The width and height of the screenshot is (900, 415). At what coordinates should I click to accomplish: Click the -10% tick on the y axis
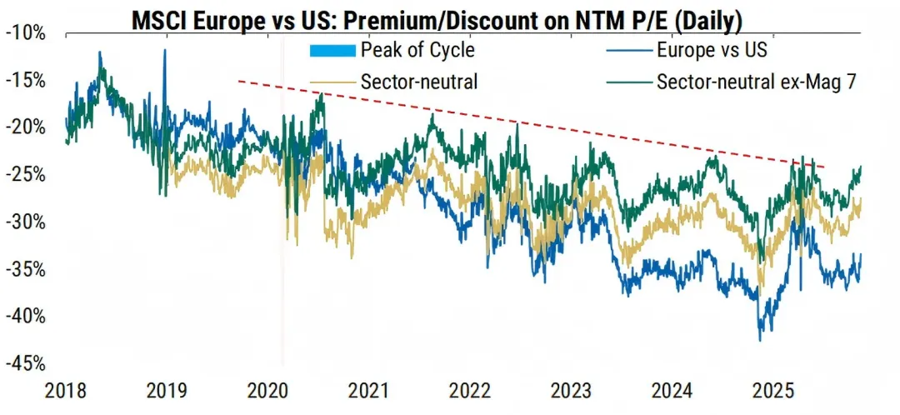click(27, 33)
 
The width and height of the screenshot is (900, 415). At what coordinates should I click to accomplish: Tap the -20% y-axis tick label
click(27, 128)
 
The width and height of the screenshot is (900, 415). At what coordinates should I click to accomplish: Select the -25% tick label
click(27, 176)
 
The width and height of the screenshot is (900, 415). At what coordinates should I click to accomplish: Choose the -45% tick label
click(27, 365)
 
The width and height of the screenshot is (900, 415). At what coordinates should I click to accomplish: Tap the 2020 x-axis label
click(267, 390)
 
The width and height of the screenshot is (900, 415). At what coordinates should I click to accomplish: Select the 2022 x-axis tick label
click(468, 390)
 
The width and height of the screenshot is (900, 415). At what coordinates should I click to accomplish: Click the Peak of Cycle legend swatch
click(332, 51)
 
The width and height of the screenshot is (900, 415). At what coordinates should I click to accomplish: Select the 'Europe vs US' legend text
click(712, 50)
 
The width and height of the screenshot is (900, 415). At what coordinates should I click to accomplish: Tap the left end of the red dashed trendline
click(238, 81)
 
